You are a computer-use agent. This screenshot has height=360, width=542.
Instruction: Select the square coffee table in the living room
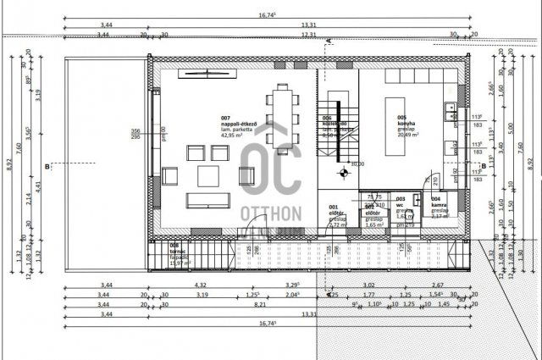coord(209,175)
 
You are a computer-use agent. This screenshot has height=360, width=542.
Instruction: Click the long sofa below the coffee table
coord(208,200)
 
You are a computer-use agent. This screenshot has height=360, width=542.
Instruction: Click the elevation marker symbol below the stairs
coord(344,173)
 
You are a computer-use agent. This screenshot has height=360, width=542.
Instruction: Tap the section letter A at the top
coord(328,41)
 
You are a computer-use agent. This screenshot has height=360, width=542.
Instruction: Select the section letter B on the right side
coord(482,166)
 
